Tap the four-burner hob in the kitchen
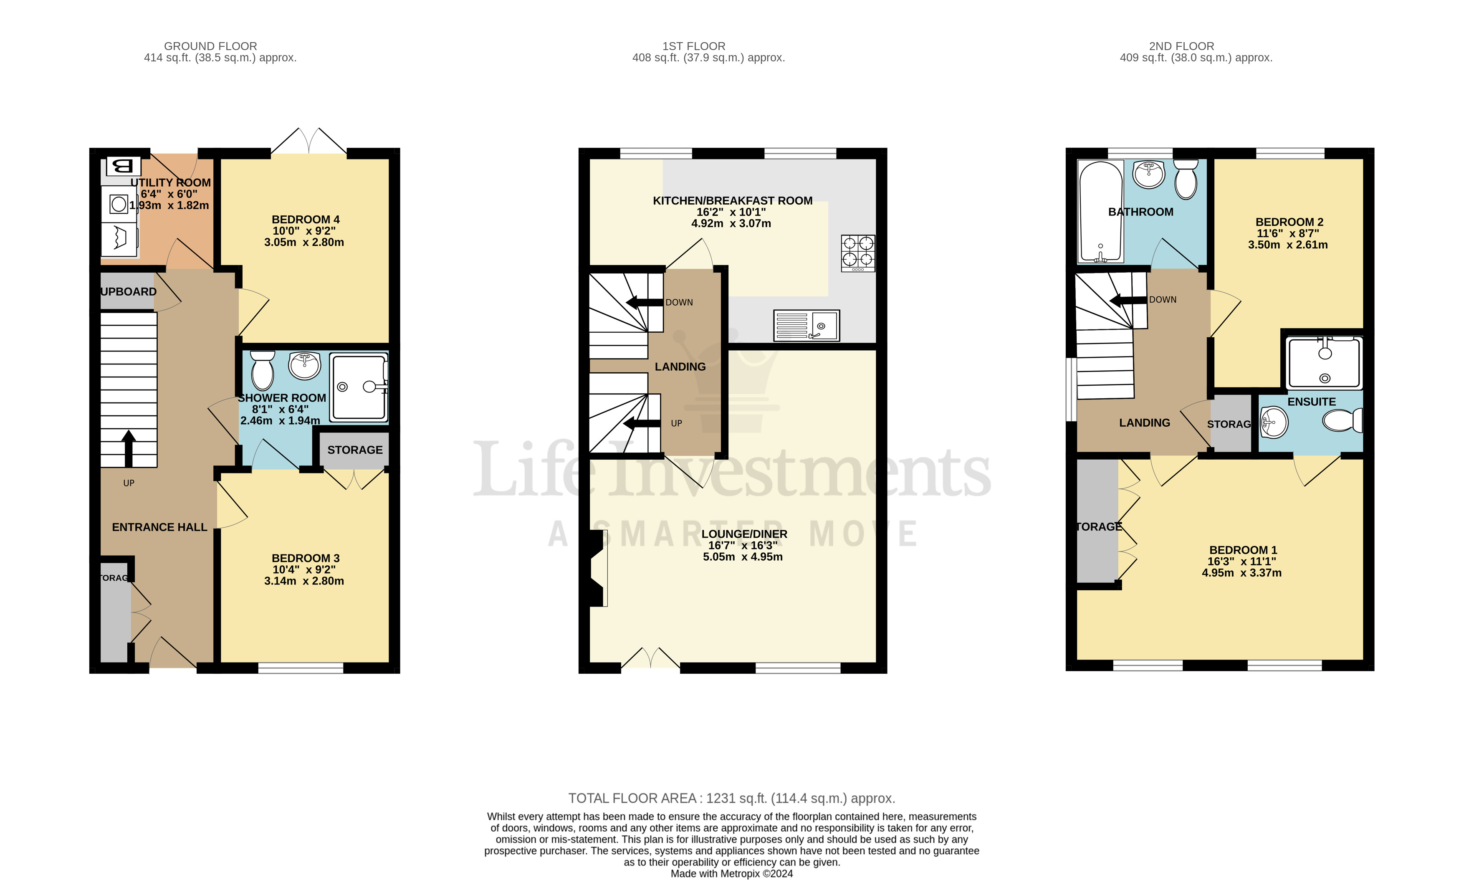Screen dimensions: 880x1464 tap(857, 253)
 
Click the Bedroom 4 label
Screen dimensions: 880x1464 tap(306, 220)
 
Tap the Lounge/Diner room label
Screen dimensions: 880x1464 tap(744, 534)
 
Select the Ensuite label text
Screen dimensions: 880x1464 tap(1311, 402)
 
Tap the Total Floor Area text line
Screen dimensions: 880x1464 tap(731, 798)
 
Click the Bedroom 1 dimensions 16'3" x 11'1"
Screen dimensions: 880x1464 tap(1241, 561)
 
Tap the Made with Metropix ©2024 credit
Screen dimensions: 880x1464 tap(731, 873)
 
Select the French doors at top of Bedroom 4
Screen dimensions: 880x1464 tap(309, 142)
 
